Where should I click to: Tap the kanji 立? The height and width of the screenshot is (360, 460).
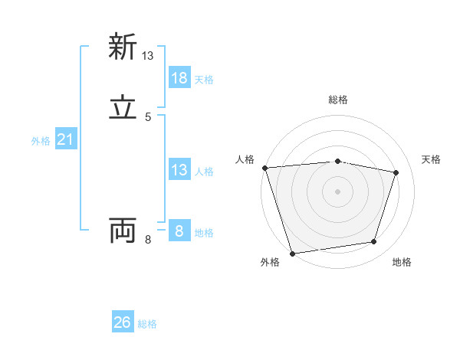click(123, 109)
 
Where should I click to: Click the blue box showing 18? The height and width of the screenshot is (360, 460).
click(179, 78)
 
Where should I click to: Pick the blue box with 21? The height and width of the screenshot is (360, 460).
click(65, 139)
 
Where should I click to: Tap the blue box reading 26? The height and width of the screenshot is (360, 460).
click(123, 322)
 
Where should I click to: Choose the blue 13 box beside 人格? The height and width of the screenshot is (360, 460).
click(179, 170)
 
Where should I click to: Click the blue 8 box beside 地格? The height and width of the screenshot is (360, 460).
click(179, 231)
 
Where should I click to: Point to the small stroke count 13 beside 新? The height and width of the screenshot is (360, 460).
click(148, 56)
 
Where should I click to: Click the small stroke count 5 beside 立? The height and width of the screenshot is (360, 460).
click(148, 117)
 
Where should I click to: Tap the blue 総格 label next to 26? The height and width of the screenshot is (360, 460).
click(147, 324)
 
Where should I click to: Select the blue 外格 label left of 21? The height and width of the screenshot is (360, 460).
click(41, 141)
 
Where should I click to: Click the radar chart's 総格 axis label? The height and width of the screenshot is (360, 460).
click(337, 100)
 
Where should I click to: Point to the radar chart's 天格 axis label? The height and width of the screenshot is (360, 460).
click(432, 159)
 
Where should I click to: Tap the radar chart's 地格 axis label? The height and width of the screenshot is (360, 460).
click(402, 263)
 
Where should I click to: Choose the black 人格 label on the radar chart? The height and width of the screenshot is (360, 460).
click(245, 159)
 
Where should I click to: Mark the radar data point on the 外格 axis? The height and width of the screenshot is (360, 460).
click(292, 252)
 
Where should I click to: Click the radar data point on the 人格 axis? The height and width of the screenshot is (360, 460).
click(264, 167)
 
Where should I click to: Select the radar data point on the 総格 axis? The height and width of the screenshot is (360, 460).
click(337, 161)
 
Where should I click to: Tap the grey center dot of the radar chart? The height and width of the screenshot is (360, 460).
click(337, 191)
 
